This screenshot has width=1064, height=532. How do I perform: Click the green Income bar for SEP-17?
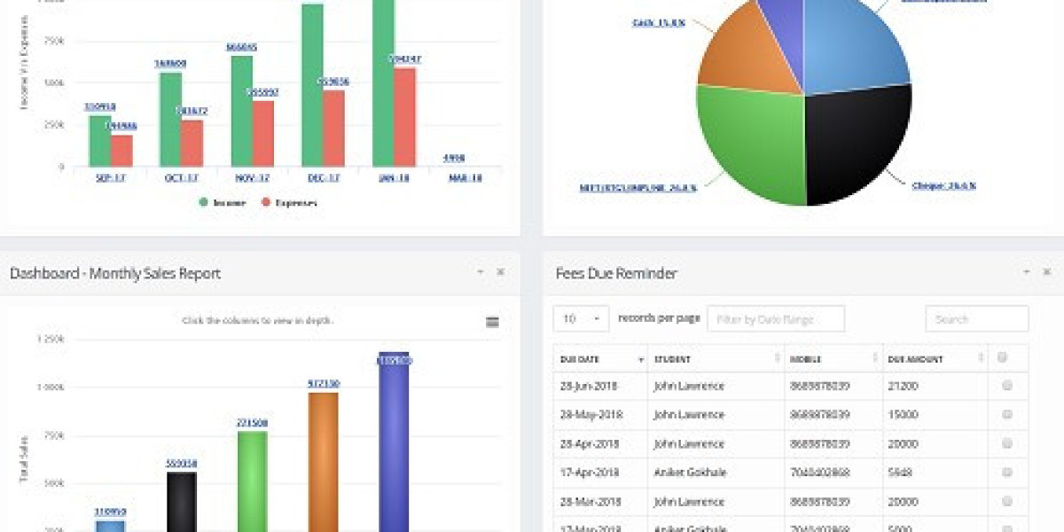click(100, 141)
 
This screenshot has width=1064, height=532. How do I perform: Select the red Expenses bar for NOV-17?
click(263, 133)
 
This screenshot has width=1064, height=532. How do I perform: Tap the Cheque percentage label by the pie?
click(943, 185)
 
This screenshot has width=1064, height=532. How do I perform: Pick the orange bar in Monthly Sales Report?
click(323, 461)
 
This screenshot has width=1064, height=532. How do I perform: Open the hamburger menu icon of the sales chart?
click(492, 322)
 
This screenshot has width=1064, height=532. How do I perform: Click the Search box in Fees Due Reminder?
click(976, 319)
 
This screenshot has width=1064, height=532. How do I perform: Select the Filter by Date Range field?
click(775, 319)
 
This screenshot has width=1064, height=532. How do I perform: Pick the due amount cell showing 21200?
click(903, 387)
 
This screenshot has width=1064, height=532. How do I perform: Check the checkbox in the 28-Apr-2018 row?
click(1006, 443)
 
